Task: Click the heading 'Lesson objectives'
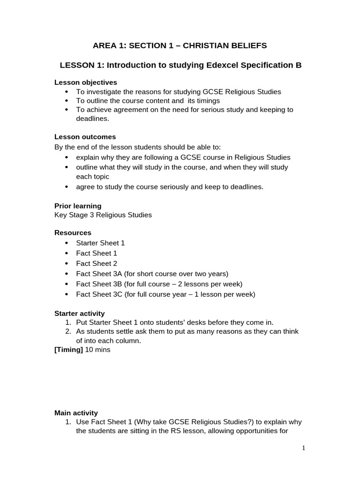coord(86,82)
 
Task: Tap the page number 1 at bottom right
coord(303,448)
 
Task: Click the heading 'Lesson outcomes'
coord(85,137)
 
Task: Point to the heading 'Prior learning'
coord(78,206)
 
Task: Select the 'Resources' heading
coord(73,233)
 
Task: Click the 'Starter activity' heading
coord(80,313)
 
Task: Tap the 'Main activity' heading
coord(76,413)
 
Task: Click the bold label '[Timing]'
coord(68,350)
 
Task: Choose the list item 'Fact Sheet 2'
coord(97,263)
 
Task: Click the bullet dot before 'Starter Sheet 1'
coord(66,243)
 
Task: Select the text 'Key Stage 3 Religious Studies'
coord(103,215)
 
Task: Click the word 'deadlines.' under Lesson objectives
coord(92,119)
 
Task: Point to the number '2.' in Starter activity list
coord(68,331)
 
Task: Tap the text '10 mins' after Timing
coord(97,350)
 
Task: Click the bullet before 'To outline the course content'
coord(66,101)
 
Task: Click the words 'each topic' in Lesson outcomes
coord(92,177)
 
